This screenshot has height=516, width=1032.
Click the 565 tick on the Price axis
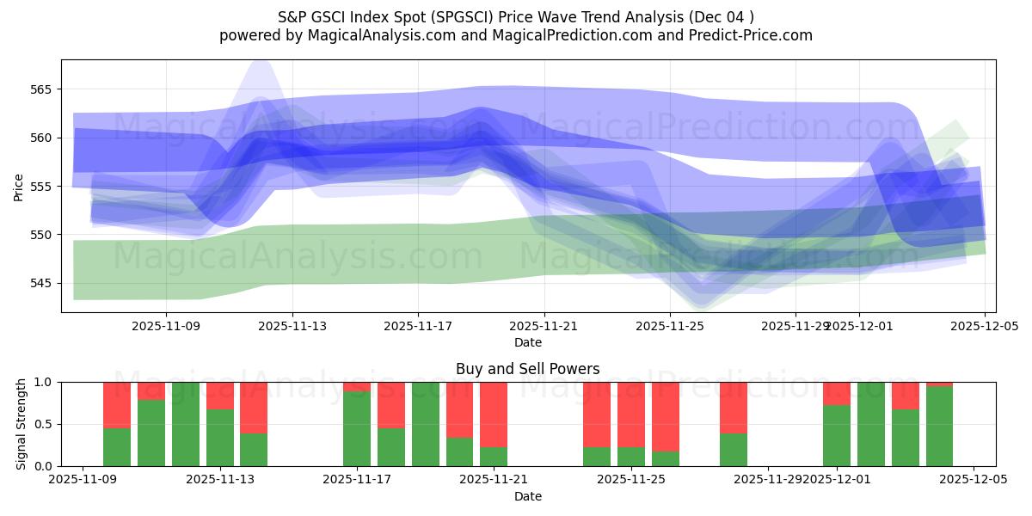(x=42, y=89)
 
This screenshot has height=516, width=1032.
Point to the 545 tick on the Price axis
(x=42, y=283)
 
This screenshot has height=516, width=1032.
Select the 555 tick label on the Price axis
(x=42, y=187)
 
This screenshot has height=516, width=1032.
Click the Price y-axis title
(x=18, y=186)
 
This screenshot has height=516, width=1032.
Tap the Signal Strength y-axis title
(x=21, y=424)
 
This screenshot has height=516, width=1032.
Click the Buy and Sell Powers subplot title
(x=527, y=370)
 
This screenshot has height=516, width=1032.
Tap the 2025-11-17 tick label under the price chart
(x=418, y=327)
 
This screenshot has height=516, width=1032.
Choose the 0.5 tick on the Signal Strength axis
(x=43, y=424)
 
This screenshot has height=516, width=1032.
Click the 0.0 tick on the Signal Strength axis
(x=43, y=466)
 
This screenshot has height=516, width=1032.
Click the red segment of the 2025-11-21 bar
(x=494, y=415)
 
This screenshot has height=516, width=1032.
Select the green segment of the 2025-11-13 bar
(x=219, y=438)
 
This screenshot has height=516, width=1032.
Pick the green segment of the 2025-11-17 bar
(x=357, y=428)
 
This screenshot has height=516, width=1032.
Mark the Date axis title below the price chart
(x=527, y=343)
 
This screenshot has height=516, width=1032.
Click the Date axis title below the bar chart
(x=527, y=496)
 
